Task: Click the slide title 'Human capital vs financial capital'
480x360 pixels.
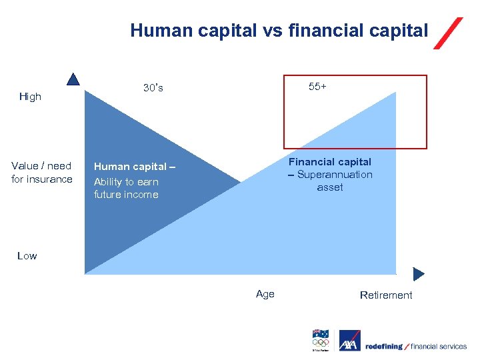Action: click(x=279, y=30)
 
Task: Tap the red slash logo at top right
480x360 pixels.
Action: click(x=447, y=33)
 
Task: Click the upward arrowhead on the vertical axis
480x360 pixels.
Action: click(x=73, y=79)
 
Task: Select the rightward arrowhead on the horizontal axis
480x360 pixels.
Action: click(x=419, y=274)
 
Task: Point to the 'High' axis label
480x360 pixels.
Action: click(x=30, y=97)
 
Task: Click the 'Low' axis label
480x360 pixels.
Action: click(x=27, y=256)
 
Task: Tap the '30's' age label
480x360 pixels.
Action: click(x=153, y=88)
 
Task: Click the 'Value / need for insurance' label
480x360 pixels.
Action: click(x=41, y=173)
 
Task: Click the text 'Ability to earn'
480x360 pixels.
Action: click(x=126, y=181)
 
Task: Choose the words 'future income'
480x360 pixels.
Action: click(x=126, y=195)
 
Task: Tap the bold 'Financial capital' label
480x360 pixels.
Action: click(x=330, y=161)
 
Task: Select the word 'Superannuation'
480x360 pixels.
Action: click(x=335, y=175)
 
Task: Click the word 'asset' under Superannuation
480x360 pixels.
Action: click(x=330, y=187)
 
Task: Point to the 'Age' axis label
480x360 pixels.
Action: click(x=265, y=294)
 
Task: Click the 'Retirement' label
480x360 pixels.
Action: click(x=386, y=295)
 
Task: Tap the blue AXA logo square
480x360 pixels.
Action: click(x=349, y=341)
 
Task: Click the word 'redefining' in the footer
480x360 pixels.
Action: click(x=384, y=346)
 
